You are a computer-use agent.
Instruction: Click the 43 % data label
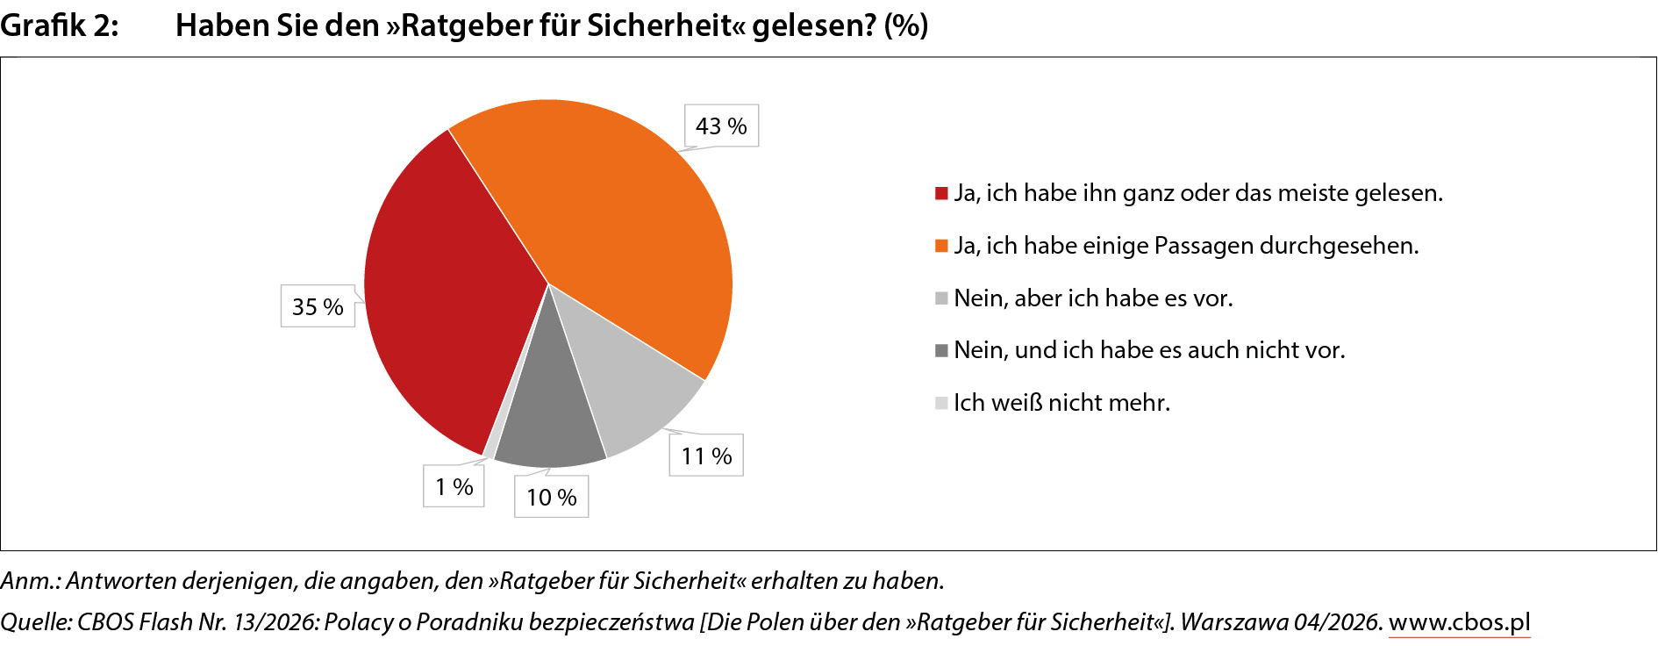[721, 126]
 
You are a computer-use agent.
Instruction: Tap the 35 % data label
[318, 306]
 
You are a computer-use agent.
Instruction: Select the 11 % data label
[706, 456]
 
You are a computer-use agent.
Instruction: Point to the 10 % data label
[551, 497]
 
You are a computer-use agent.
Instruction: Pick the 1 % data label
[454, 486]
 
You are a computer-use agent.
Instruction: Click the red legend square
[941, 193]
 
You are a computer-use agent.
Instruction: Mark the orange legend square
[941, 246]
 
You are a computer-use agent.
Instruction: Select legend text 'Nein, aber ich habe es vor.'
[1093, 298]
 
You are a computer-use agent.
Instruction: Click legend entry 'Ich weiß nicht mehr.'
[1061, 403]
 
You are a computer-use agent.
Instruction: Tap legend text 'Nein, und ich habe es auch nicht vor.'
[1149, 350]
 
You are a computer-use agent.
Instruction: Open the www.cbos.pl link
[1459, 622]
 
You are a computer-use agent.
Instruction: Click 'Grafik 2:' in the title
[59, 25]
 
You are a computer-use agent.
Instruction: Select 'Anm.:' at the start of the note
[30, 581]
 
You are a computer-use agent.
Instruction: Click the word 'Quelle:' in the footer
[36, 622]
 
